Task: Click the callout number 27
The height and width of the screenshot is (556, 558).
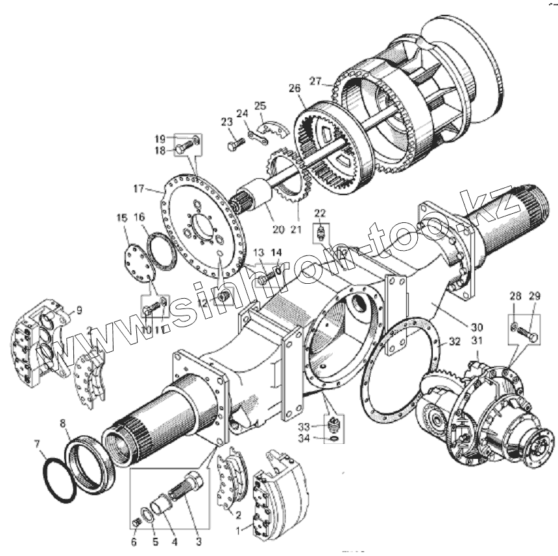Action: coord(315,81)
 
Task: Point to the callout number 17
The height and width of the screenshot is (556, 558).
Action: coord(139,189)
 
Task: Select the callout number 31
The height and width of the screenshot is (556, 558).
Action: coord(478,342)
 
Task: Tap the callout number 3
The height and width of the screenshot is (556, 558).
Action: coord(199,540)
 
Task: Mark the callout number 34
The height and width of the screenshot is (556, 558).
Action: coord(321,441)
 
